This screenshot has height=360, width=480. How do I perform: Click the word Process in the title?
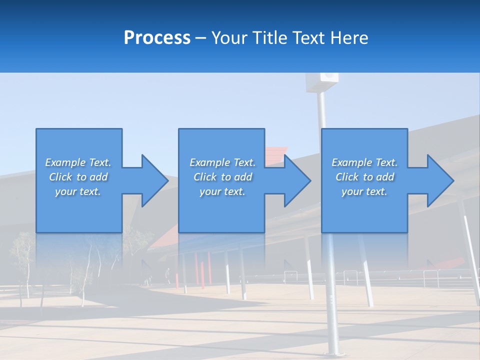(x=157, y=38)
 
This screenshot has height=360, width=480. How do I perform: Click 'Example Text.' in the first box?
(x=78, y=162)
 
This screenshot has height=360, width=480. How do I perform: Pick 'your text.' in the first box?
(x=78, y=191)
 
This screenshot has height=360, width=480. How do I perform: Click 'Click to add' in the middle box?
(x=222, y=177)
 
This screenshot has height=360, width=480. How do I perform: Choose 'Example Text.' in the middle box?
(x=222, y=162)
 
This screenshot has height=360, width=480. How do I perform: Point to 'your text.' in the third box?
(x=364, y=191)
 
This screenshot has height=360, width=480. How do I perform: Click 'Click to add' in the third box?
(x=364, y=177)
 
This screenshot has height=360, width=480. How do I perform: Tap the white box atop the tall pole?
(x=322, y=81)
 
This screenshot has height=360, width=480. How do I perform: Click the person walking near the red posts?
(x=168, y=275)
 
